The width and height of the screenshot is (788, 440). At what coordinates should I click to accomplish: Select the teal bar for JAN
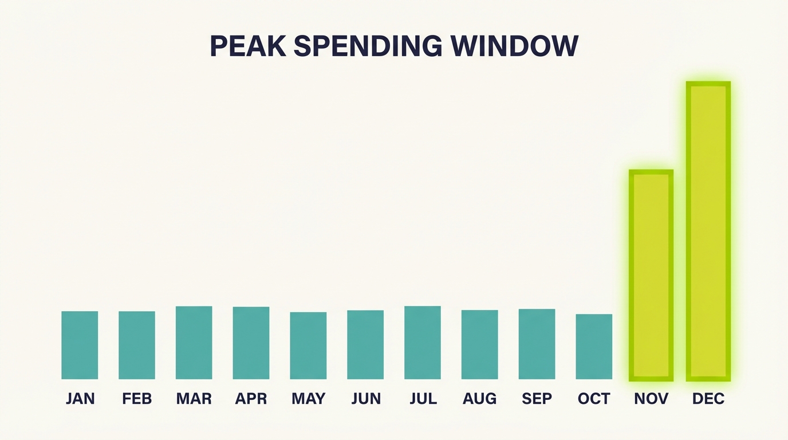point(80,345)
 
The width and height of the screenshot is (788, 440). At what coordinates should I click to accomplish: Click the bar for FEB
point(137,345)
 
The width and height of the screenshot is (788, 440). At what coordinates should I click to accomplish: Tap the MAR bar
point(194,343)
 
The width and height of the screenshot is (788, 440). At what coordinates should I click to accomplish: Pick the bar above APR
point(251,343)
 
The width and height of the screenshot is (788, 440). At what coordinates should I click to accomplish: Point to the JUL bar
point(423,343)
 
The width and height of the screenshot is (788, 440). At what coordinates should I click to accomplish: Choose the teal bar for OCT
point(594,347)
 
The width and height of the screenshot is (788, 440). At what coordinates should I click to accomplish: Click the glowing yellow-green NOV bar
point(651,275)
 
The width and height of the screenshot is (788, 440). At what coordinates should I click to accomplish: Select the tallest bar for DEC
point(708,231)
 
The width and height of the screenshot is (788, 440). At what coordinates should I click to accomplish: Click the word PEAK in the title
point(248,46)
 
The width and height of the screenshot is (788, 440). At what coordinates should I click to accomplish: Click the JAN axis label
point(80,399)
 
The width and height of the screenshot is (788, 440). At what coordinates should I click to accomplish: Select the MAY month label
point(309,399)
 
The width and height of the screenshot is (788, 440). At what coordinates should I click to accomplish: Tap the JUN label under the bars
point(366,399)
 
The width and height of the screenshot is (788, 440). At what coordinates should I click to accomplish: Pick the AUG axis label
point(480,399)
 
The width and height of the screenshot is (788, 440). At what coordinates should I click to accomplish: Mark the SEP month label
point(537,399)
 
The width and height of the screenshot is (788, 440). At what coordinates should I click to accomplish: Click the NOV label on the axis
point(651,399)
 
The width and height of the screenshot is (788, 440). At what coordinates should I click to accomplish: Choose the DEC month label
point(708,399)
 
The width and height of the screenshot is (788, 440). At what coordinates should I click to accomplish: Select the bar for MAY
point(308,345)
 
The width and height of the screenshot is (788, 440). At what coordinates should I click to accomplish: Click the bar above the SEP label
point(537,344)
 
